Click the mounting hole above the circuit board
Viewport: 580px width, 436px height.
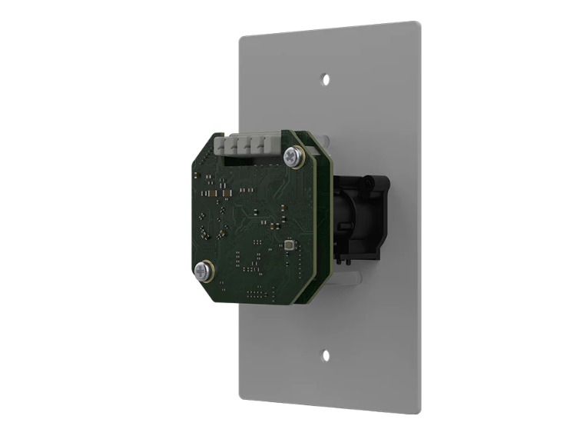click(x=326, y=78)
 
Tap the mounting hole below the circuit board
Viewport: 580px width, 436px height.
click(x=326, y=355)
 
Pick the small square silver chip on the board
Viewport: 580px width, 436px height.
click(x=287, y=245)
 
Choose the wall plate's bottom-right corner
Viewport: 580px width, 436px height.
click(x=419, y=411)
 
